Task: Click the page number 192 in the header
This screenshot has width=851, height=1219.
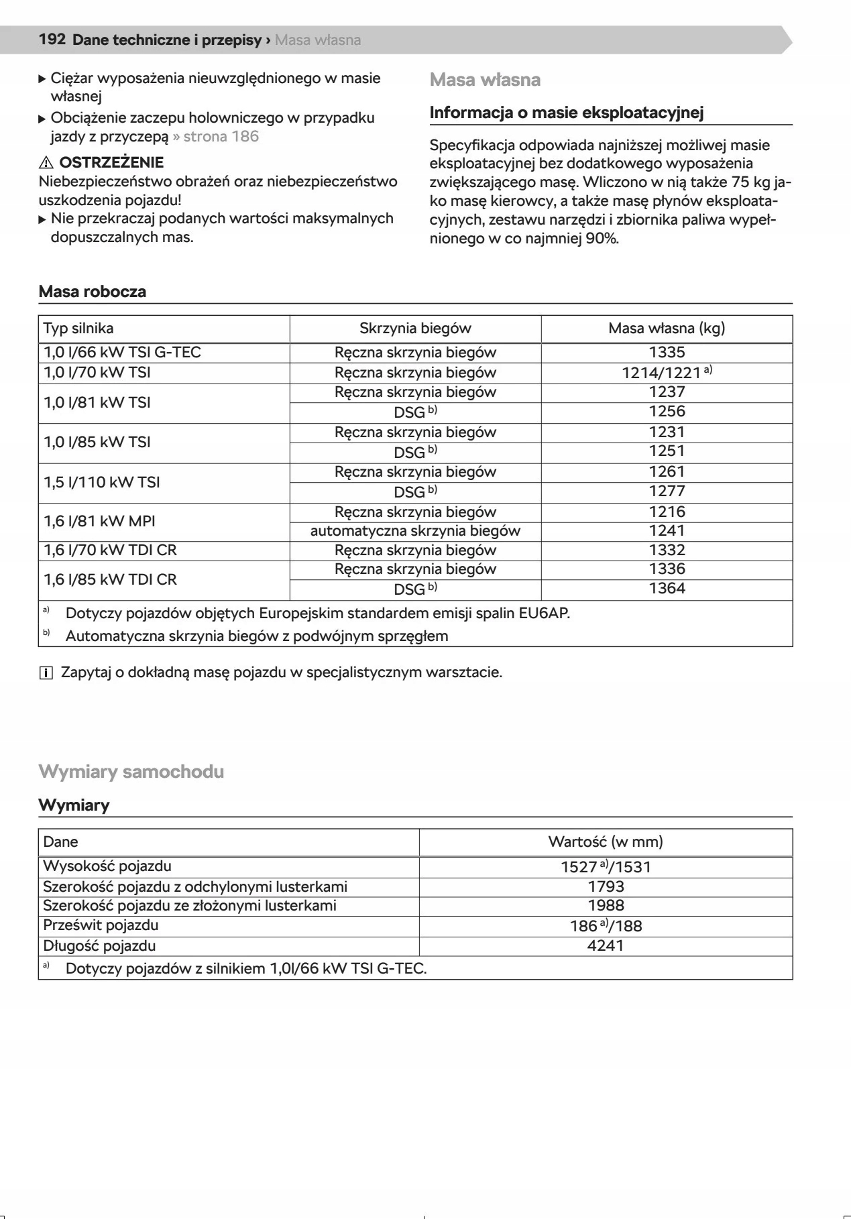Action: point(52,40)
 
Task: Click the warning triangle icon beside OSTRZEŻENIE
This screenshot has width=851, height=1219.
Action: point(46,163)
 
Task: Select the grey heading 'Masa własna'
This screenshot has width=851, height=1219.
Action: point(485,80)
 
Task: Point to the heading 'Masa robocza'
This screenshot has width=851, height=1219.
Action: point(93,292)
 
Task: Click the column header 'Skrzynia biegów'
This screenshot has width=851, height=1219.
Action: point(415,329)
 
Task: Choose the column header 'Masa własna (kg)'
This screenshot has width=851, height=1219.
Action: point(667,329)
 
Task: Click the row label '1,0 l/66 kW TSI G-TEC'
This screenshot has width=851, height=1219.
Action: point(122,353)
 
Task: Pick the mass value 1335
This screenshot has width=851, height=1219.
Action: point(667,353)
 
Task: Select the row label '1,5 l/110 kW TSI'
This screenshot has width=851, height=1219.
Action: point(102,482)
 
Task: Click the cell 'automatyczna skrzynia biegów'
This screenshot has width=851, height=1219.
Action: point(415,531)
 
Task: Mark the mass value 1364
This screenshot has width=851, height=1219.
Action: point(667,589)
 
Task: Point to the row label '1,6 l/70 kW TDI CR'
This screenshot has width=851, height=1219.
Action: point(110,550)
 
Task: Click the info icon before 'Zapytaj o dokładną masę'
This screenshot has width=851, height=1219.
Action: point(46,673)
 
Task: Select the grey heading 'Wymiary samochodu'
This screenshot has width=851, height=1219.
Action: point(131,772)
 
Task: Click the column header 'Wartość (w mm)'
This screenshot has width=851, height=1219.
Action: point(606,842)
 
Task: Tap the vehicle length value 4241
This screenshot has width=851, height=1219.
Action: point(606,946)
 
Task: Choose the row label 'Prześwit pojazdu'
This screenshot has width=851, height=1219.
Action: point(101,925)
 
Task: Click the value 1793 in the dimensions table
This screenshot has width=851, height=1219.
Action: point(606,887)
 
